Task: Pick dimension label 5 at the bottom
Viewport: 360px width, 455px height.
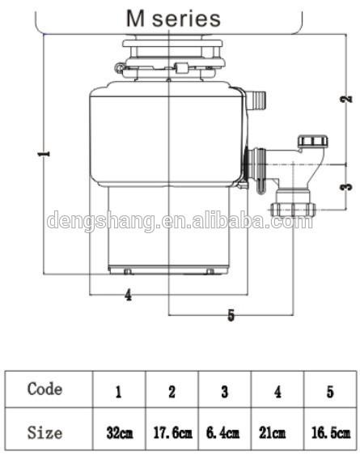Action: point(231,316)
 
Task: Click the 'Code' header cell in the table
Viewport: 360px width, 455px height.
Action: point(44,389)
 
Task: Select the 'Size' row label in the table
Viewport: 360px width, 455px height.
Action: point(44,432)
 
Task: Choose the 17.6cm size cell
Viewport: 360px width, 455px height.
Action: point(172,433)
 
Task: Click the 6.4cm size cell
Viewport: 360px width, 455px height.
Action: point(224,433)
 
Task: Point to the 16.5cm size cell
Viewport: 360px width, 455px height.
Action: point(330,433)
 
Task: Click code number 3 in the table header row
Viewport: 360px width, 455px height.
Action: point(224,392)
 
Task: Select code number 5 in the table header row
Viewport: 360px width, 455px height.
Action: point(329,392)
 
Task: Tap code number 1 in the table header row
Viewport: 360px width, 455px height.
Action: point(119,392)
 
